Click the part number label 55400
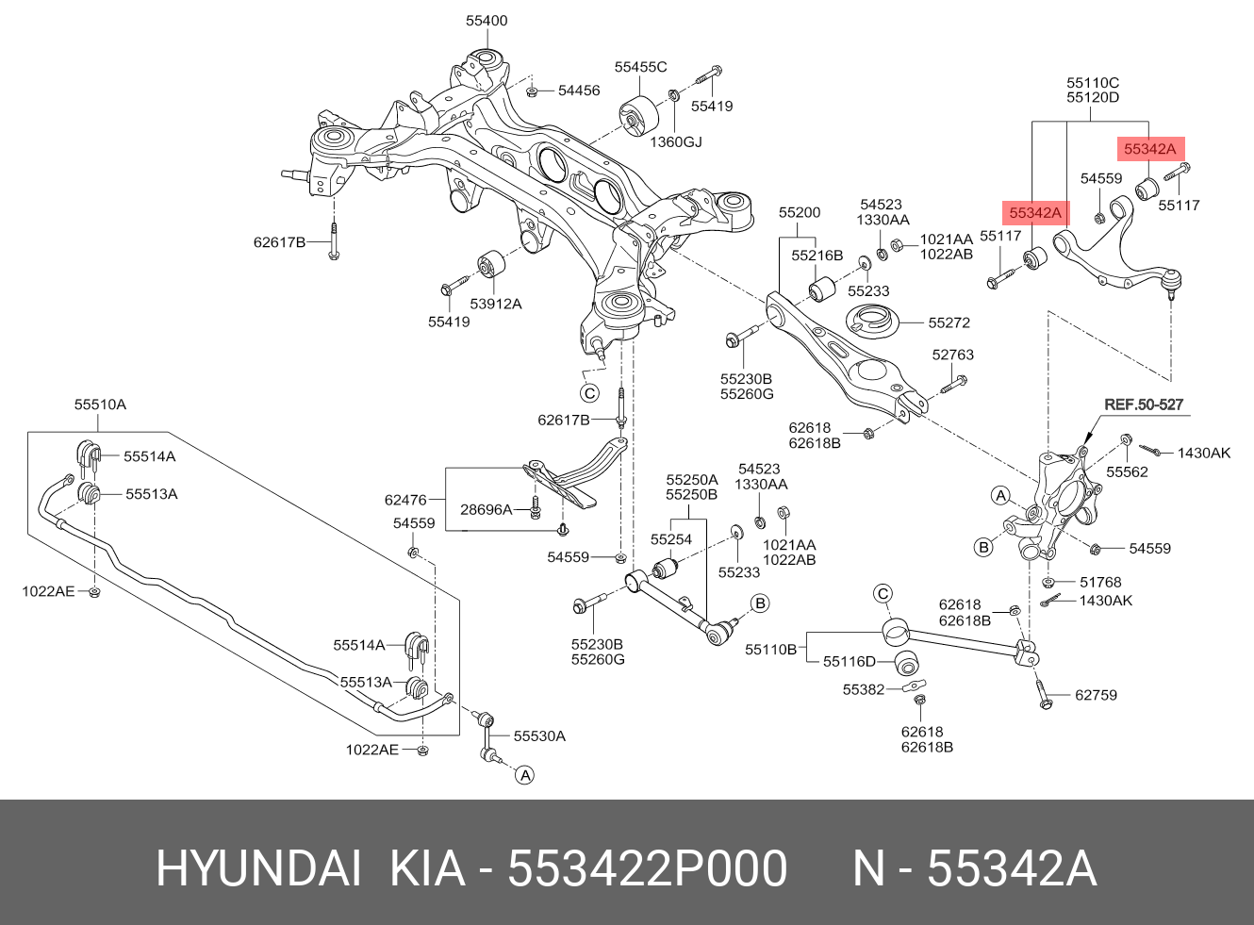pos(487,21)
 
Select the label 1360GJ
pos(676,142)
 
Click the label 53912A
pos(495,304)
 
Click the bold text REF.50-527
pos(1144,405)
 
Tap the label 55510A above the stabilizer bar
pos(100,405)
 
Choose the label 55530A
pos(539,735)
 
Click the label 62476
pos(405,500)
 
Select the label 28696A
pos(486,509)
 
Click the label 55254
pos(671,539)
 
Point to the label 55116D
pos(850,662)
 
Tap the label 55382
pos(864,690)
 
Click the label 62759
pos(1097,695)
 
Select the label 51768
pos(1100,583)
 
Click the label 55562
pos(1127,472)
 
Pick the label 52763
pos(953,355)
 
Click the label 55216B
pos(817,256)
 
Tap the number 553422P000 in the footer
pos(647,869)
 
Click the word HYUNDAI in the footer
pos(258,869)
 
